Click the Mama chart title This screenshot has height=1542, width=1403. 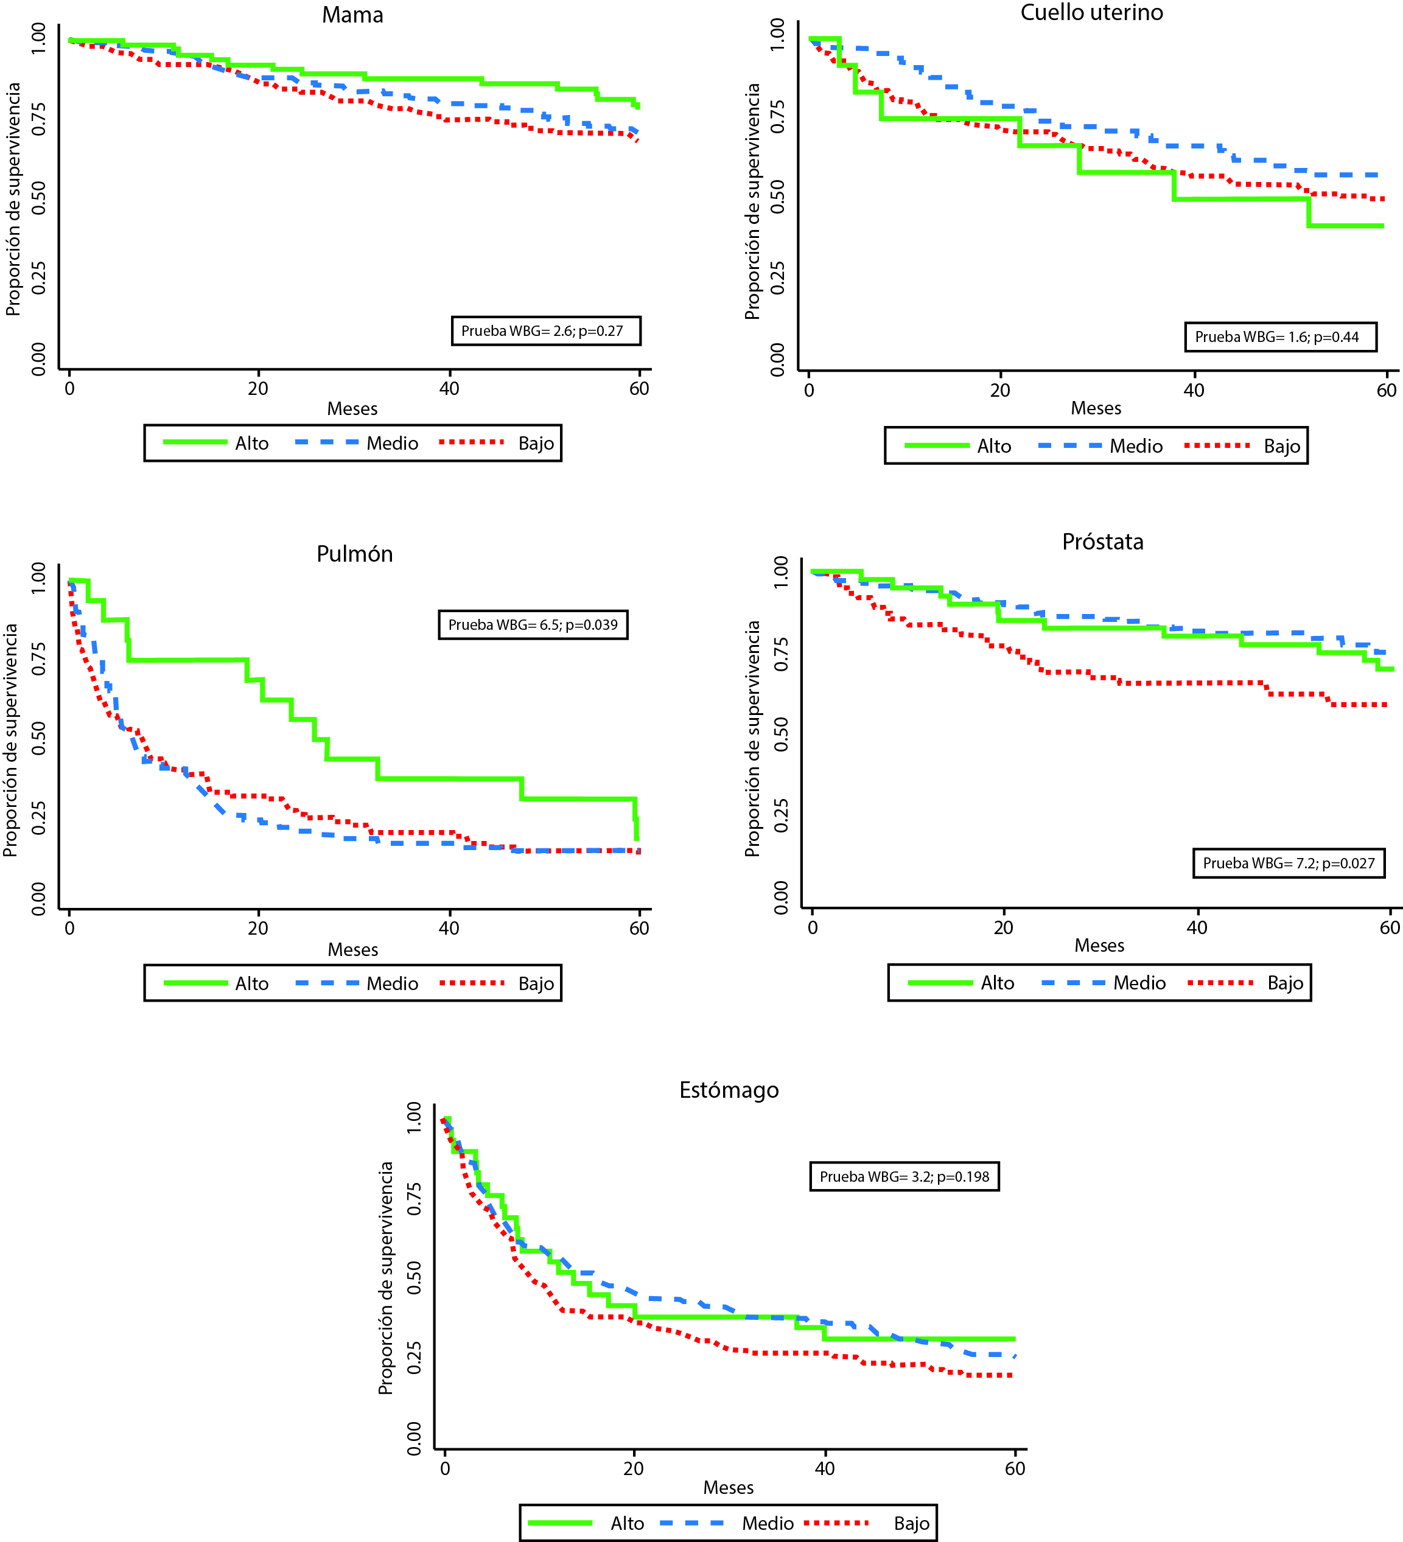click(x=352, y=15)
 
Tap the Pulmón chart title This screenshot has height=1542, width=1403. click(x=354, y=554)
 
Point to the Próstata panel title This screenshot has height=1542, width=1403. click(x=1102, y=542)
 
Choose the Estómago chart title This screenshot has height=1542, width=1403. click(x=729, y=1090)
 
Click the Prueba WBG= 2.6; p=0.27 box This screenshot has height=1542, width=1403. click(x=545, y=331)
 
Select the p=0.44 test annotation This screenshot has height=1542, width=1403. click(x=1281, y=337)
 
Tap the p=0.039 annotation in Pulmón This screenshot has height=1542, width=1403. click(x=533, y=625)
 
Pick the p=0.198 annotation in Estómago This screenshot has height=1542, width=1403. click(x=904, y=1176)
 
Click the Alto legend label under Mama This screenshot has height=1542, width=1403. click(x=251, y=444)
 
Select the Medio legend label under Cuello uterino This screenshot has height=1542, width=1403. click(x=1136, y=447)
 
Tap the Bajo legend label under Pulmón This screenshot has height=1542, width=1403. click(x=536, y=983)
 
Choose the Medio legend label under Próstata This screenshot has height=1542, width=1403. click(x=1139, y=983)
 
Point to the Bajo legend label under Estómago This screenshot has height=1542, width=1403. click(x=911, y=1523)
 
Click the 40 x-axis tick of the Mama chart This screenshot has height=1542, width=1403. click(x=449, y=389)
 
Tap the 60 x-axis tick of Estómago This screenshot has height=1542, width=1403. click(x=1015, y=1468)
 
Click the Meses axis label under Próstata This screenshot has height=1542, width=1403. click(x=1099, y=946)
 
